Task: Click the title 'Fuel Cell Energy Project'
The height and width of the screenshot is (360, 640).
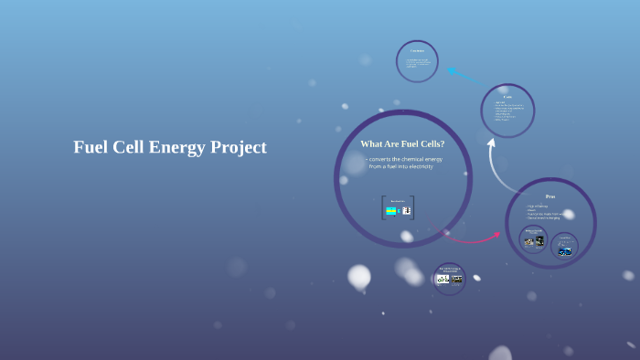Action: tap(170, 147)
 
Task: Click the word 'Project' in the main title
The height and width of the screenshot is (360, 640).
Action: tap(237, 147)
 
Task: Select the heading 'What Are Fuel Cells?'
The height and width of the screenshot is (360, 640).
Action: tap(402, 144)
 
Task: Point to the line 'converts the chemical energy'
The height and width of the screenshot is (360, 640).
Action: tap(405, 159)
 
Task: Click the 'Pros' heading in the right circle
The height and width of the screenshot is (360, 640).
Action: tap(550, 196)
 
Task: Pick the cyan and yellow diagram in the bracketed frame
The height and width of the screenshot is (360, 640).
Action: tap(391, 211)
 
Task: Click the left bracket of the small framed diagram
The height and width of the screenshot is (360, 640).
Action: tap(383, 208)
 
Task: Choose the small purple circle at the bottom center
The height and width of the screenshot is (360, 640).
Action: tap(449, 278)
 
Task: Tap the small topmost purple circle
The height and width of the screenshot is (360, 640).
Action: tap(417, 61)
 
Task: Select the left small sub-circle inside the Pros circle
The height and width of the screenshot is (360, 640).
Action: tap(534, 239)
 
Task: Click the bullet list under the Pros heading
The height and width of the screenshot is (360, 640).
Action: tap(545, 212)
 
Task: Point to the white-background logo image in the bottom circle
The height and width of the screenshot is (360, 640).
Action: tap(443, 280)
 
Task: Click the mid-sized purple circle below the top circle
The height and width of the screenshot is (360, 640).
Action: tap(507, 110)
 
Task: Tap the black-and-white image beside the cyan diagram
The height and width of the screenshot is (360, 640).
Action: tap(406, 211)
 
